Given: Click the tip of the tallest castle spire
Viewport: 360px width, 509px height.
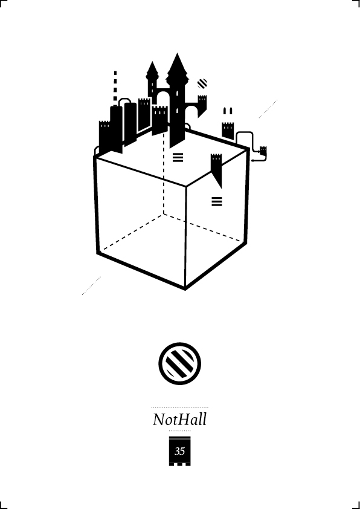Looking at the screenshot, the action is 177,53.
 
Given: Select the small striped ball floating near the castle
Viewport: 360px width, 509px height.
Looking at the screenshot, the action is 202,83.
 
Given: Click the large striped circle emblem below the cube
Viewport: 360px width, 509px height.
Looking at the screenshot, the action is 179,363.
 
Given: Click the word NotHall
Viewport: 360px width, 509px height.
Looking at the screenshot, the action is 179,419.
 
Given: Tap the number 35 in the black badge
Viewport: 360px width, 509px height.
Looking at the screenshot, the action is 179,451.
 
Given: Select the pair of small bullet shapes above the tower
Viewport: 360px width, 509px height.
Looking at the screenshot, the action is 227,111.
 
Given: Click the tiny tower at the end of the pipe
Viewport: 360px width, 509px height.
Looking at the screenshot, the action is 263,151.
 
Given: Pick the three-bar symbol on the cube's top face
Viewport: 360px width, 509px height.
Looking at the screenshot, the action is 178,157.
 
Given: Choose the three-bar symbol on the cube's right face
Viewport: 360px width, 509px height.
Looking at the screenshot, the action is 217,201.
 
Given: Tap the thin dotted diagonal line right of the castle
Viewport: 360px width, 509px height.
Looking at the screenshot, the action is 268,109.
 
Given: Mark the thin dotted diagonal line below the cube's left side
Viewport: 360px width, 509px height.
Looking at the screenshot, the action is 91,286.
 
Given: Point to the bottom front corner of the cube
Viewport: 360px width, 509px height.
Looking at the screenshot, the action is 185,288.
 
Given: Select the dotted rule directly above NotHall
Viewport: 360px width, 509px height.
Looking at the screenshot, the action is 179,407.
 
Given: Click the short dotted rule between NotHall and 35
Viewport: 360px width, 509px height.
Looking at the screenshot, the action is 179,431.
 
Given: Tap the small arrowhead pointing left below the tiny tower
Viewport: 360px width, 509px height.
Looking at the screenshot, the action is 252,160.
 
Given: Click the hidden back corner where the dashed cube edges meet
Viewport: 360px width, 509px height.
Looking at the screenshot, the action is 164,213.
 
